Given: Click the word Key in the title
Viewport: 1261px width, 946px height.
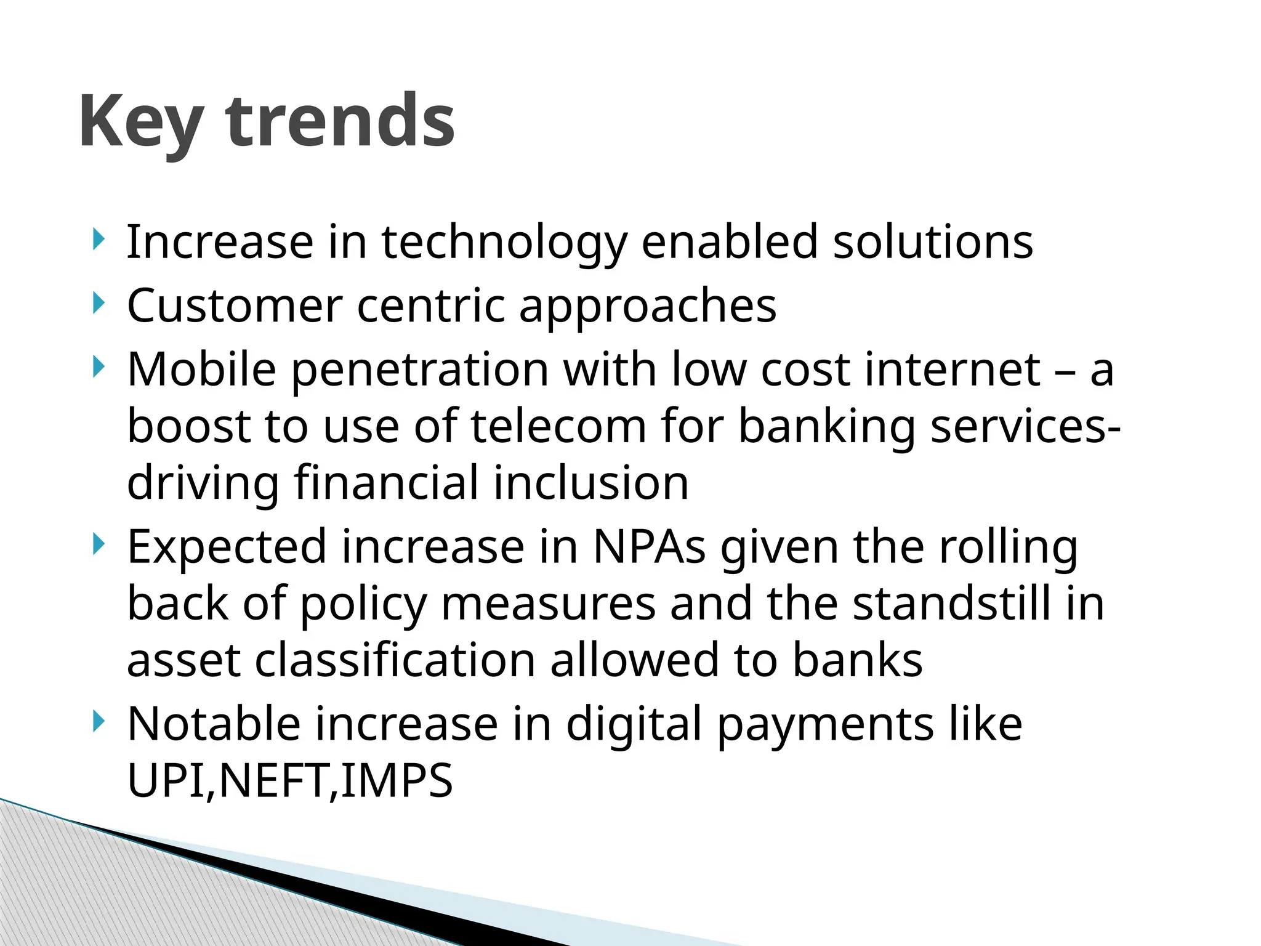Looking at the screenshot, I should pos(140,121).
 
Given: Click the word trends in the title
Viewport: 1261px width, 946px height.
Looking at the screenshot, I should pos(340,121).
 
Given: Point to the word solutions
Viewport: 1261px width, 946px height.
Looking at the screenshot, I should pos(933,242).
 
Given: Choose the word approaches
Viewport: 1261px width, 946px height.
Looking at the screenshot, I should pos(648,306).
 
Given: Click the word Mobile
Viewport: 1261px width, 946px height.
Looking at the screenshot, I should pos(201,370).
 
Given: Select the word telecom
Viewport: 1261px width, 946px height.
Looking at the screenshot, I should pos(558,426).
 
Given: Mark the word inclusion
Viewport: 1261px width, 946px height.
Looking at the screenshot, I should pos(591,483).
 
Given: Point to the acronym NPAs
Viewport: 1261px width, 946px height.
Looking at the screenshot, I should pos(649,547).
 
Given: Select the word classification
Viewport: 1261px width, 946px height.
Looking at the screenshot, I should pos(395,660).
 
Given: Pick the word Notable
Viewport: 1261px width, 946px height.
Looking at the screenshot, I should pos(214,724).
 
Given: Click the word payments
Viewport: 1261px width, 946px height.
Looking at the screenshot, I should pos(826,724).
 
